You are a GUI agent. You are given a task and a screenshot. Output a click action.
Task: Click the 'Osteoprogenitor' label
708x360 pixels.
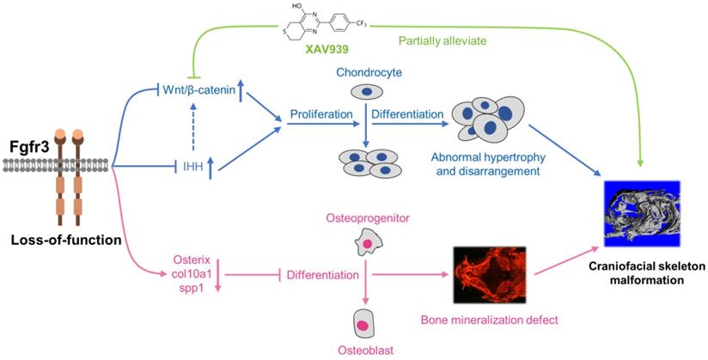point(367,223)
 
